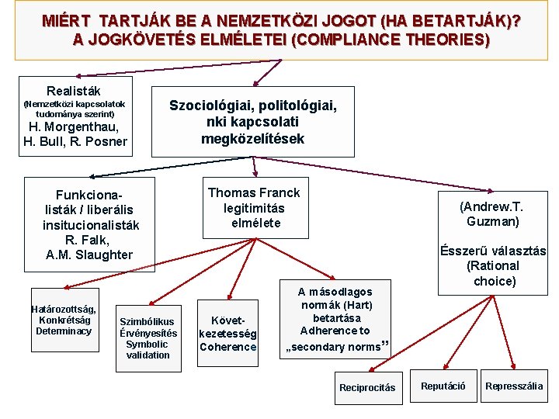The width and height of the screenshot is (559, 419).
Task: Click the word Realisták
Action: point(73,91)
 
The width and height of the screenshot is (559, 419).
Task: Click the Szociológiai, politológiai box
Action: point(253,121)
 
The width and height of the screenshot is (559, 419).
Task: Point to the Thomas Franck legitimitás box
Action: point(254,208)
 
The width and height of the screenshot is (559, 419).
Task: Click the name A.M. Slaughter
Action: point(89,255)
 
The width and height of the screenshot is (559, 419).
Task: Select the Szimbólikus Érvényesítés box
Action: point(148,338)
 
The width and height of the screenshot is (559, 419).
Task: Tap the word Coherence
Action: point(227,347)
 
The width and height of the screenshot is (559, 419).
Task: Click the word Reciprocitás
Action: point(367,387)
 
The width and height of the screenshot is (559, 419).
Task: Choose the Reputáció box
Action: point(443,386)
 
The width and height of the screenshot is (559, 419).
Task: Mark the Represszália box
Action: point(514,386)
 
